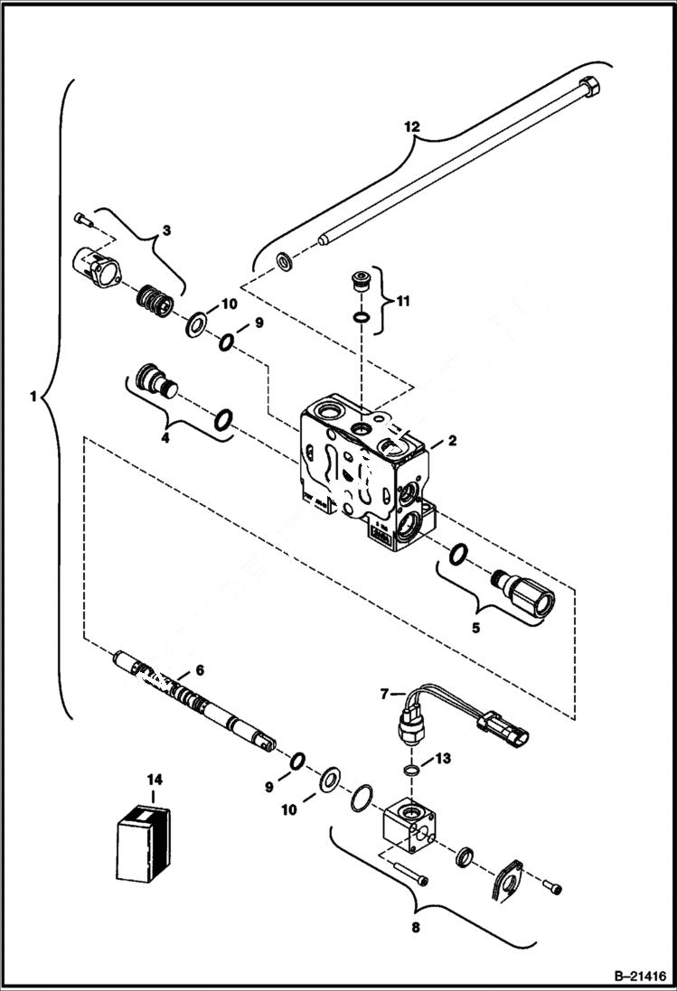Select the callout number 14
pyautogui.click(x=155, y=779)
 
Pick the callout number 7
pyautogui.click(x=384, y=694)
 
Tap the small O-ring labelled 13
pyautogui.click(x=410, y=770)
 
